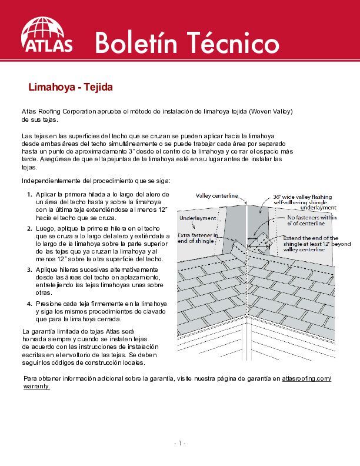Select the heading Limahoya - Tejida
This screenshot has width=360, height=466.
coord(70,88)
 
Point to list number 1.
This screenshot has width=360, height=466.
coord(29,194)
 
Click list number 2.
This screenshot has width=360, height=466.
coord(29,227)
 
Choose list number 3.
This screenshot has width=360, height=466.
coord(29,269)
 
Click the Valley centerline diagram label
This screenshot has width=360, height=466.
coord(216,195)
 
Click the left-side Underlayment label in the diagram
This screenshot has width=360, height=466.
coord(198,218)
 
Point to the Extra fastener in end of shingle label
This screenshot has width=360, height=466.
coord(198,238)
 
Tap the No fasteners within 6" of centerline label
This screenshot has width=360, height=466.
coord(312,220)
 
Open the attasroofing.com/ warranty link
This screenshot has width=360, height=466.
coord(306,378)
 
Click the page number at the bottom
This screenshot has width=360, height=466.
coord(179,443)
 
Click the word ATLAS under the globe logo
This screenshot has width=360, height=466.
coord(47,46)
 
